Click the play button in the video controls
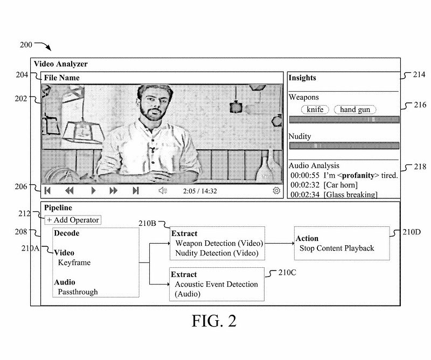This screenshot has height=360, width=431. (x=93, y=190)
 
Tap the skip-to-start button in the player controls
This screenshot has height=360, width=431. (x=47, y=190)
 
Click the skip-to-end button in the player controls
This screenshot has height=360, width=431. (x=136, y=190)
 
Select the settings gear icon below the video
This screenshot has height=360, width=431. (x=276, y=190)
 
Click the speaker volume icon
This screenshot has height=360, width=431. (x=163, y=190)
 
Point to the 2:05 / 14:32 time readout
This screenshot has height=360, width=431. (x=200, y=191)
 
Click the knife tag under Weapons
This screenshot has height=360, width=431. (x=315, y=109)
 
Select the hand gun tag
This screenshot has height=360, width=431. (x=355, y=109)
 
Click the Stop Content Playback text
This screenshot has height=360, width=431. (x=337, y=248)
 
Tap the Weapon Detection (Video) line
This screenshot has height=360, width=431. (x=219, y=243)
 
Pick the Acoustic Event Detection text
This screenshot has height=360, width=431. (x=217, y=284)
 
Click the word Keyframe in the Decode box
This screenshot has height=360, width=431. (x=74, y=262)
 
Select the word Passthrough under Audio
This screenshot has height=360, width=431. (x=78, y=292)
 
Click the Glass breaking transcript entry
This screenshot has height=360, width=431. (x=351, y=195)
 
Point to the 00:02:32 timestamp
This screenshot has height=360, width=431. (x=305, y=185)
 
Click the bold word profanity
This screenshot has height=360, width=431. (x=358, y=175)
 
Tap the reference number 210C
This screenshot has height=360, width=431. (x=287, y=273)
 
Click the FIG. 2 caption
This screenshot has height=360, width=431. (x=214, y=321)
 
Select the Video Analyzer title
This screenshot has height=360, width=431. (x=61, y=64)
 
